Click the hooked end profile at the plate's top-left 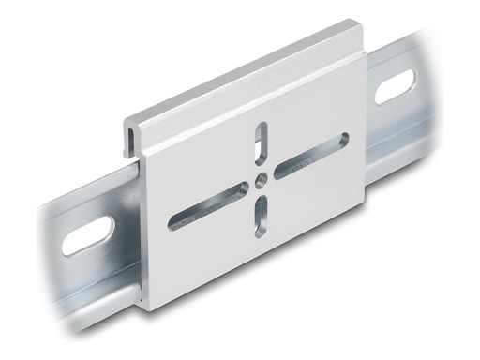click(x=131, y=137)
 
